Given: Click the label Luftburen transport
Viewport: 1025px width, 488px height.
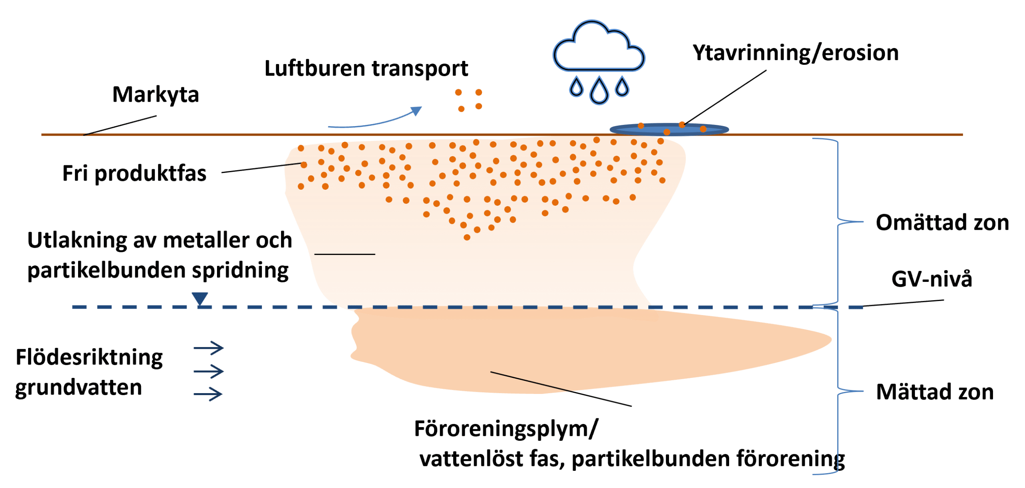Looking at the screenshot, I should click(366, 69).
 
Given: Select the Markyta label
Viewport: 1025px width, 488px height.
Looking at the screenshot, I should click(155, 95).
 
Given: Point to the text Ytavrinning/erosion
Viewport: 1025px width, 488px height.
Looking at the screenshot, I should click(796, 53).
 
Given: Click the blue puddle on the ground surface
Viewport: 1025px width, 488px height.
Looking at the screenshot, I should click(669, 129).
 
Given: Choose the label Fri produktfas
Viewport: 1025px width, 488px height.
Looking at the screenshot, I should click(134, 174).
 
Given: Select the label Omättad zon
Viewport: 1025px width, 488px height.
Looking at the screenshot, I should click(942, 223).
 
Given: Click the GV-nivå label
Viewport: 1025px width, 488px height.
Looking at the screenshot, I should click(931, 279).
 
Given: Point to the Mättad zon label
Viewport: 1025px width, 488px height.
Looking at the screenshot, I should click(935, 392).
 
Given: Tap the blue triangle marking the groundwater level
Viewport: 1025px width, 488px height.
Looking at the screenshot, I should click(199, 299).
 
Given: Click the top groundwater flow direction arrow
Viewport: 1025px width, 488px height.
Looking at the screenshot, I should click(209, 348).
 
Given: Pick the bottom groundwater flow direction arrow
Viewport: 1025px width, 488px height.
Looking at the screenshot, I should click(208, 394).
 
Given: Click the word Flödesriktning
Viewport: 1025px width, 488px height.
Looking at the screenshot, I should click(89, 357).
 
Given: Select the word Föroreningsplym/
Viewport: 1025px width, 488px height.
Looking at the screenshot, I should click(506, 429).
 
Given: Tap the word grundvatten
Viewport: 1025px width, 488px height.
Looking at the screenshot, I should click(78, 388).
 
